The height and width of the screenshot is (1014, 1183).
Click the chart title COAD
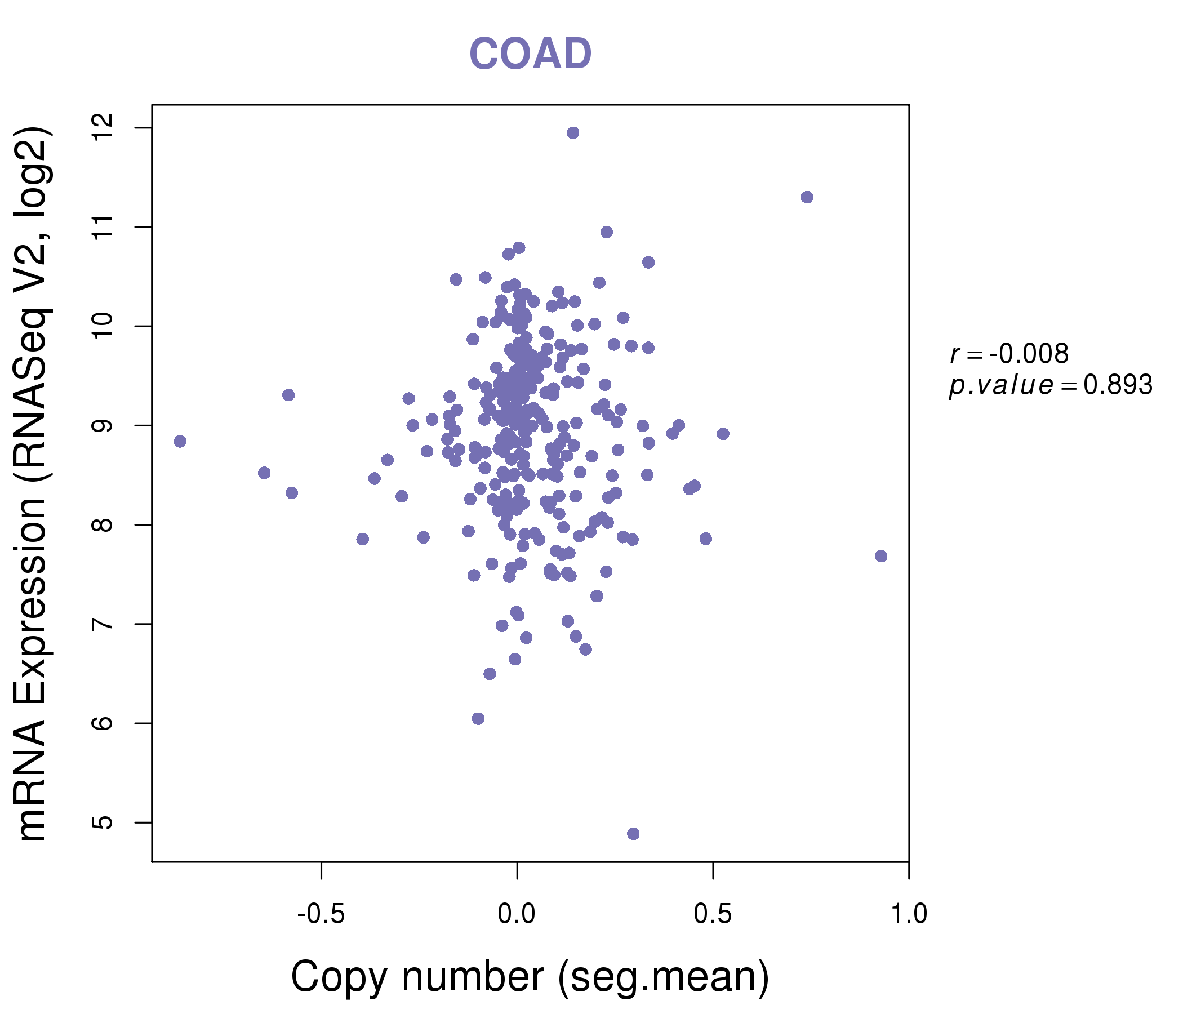point(530,54)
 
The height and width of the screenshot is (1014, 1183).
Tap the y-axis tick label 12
point(103,128)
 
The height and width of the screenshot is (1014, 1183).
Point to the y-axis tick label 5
point(103,822)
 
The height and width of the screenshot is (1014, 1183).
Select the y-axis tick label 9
point(103,425)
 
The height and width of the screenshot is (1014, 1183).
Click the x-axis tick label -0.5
point(321,914)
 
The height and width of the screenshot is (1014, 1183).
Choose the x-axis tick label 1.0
point(909,914)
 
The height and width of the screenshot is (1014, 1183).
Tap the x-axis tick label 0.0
point(517,914)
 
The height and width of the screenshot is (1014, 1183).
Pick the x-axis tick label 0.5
point(713,914)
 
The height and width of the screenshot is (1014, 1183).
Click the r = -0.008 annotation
point(1009,354)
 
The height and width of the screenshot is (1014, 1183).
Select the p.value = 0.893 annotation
point(1051,385)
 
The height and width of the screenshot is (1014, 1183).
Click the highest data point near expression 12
point(573,133)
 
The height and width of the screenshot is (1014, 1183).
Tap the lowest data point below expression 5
point(633,834)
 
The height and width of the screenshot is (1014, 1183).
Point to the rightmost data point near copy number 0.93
point(881,556)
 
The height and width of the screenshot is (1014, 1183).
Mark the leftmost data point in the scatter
point(180,441)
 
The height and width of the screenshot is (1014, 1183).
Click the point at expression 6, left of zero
point(478,718)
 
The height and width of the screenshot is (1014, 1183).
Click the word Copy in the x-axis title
point(331,977)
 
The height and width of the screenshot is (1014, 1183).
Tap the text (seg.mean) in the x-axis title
point(664,977)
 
